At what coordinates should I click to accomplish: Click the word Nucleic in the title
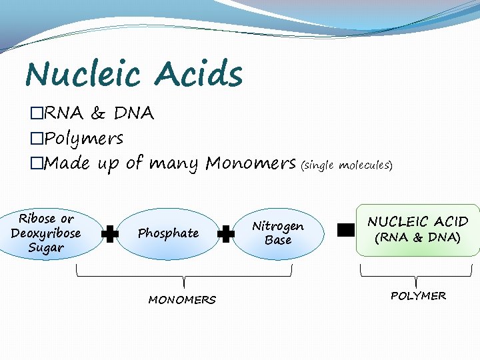pyautogui.click(x=83, y=74)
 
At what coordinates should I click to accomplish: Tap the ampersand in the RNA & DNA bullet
pyautogui.click(x=99, y=114)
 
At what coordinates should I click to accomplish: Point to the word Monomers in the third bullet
pyautogui.click(x=251, y=163)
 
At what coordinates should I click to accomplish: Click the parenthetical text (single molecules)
pyautogui.click(x=347, y=165)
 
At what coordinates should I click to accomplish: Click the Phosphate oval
pyautogui.click(x=168, y=233)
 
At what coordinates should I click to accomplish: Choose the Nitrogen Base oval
pyautogui.click(x=277, y=233)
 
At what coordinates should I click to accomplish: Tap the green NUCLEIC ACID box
pyautogui.click(x=418, y=229)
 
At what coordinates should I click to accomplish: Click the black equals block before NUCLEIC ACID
pyautogui.click(x=345, y=231)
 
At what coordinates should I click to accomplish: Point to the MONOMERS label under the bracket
pyautogui.click(x=182, y=300)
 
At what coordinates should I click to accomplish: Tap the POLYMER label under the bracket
pyautogui.click(x=418, y=296)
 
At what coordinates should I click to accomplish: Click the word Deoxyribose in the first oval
pyautogui.click(x=45, y=233)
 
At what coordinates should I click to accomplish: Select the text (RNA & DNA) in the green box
pyautogui.click(x=418, y=238)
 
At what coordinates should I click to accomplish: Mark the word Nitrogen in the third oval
pyautogui.click(x=277, y=226)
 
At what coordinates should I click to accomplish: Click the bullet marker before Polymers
pyautogui.click(x=37, y=139)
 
